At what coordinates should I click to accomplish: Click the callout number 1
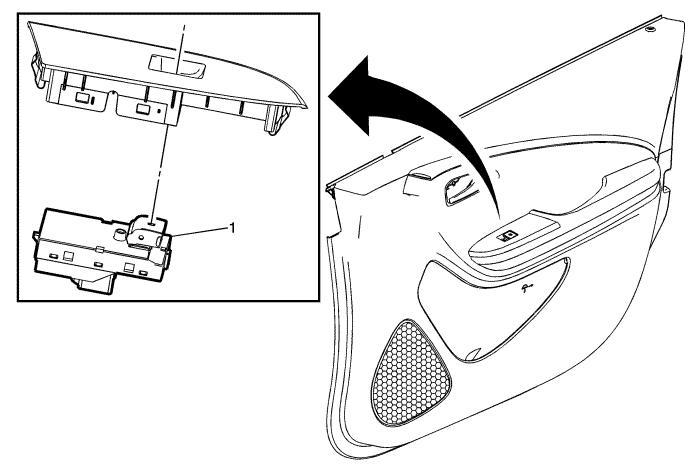pyautogui.click(x=231, y=229)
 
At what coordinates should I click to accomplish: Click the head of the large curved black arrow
pyautogui.click(x=353, y=95)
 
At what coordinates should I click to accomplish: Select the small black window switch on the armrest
pyautogui.click(x=507, y=235)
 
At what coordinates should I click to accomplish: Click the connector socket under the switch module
pyautogui.click(x=94, y=284)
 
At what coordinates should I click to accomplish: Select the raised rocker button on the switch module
pyautogui.click(x=145, y=229)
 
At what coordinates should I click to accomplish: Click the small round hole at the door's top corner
pyautogui.click(x=650, y=29)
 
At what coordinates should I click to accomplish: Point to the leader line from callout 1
pyautogui.click(x=200, y=232)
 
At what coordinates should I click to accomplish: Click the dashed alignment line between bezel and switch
pyautogui.click(x=170, y=121)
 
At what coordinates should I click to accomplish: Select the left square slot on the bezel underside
pyautogui.click(x=81, y=97)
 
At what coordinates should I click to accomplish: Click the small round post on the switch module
pyautogui.click(x=119, y=233)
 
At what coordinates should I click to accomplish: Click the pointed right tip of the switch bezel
pyautogui.click(x=307, y=107)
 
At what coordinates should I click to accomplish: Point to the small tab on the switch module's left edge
pyautogui.click(x=35, y=236)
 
